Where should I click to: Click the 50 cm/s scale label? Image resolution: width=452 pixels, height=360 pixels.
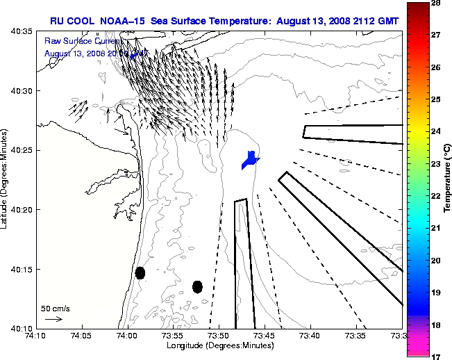coord(56,308)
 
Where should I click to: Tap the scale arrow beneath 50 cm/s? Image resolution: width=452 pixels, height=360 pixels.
coord(53,319)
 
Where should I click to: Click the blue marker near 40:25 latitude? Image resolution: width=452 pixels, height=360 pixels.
coord(250,160)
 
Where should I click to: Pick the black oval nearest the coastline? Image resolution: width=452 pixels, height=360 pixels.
coord(140,272)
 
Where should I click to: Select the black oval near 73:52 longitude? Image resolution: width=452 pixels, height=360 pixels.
coord(197,286)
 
